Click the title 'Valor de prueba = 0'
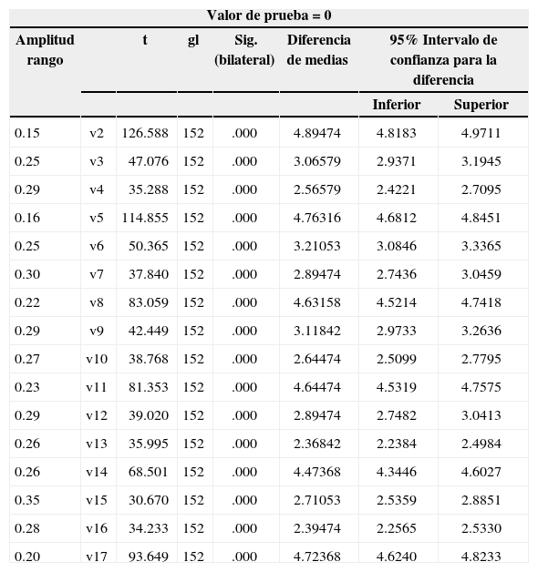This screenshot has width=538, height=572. (268, 15)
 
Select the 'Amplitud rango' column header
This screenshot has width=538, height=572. (45, 50)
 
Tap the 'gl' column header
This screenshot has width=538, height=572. (193, 40)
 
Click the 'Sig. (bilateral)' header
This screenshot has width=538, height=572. (244, 50)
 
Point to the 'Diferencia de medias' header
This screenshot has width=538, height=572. (318, 50)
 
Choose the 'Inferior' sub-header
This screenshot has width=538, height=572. (396, 105)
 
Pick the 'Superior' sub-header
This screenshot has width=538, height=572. (481, 105)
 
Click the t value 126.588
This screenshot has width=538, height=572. (145, 133)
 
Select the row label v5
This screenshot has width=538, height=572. (97, 218)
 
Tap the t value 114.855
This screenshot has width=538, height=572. (145, 218)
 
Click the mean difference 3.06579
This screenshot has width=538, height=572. (317, 161)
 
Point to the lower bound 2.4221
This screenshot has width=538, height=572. (396, 189)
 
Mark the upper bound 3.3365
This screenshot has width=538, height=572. (481, 246)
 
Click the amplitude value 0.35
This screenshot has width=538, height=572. (27, 500)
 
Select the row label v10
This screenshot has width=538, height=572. (97, 359)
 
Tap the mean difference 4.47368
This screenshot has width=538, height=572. (317, 472)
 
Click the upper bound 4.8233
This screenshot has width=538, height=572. (481, 556)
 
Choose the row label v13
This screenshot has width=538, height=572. (97, 444)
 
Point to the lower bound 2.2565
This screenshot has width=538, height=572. (396, 528)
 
